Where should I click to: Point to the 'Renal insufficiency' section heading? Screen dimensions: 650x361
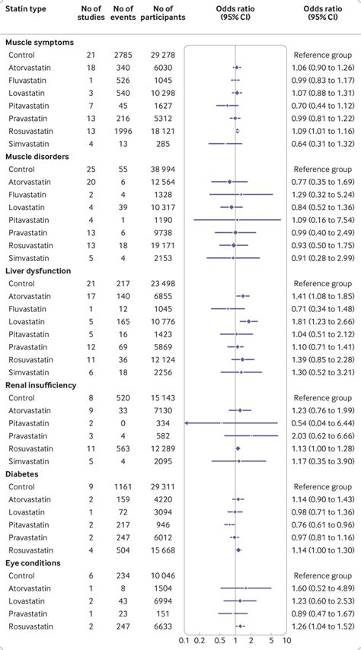point(42,385)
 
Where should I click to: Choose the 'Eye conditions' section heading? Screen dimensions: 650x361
point(35,562)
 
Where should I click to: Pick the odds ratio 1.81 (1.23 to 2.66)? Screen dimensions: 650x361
point(322,321)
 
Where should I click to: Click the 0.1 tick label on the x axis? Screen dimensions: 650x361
point(184,641)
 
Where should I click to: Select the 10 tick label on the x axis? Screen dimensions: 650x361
point(282,641)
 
